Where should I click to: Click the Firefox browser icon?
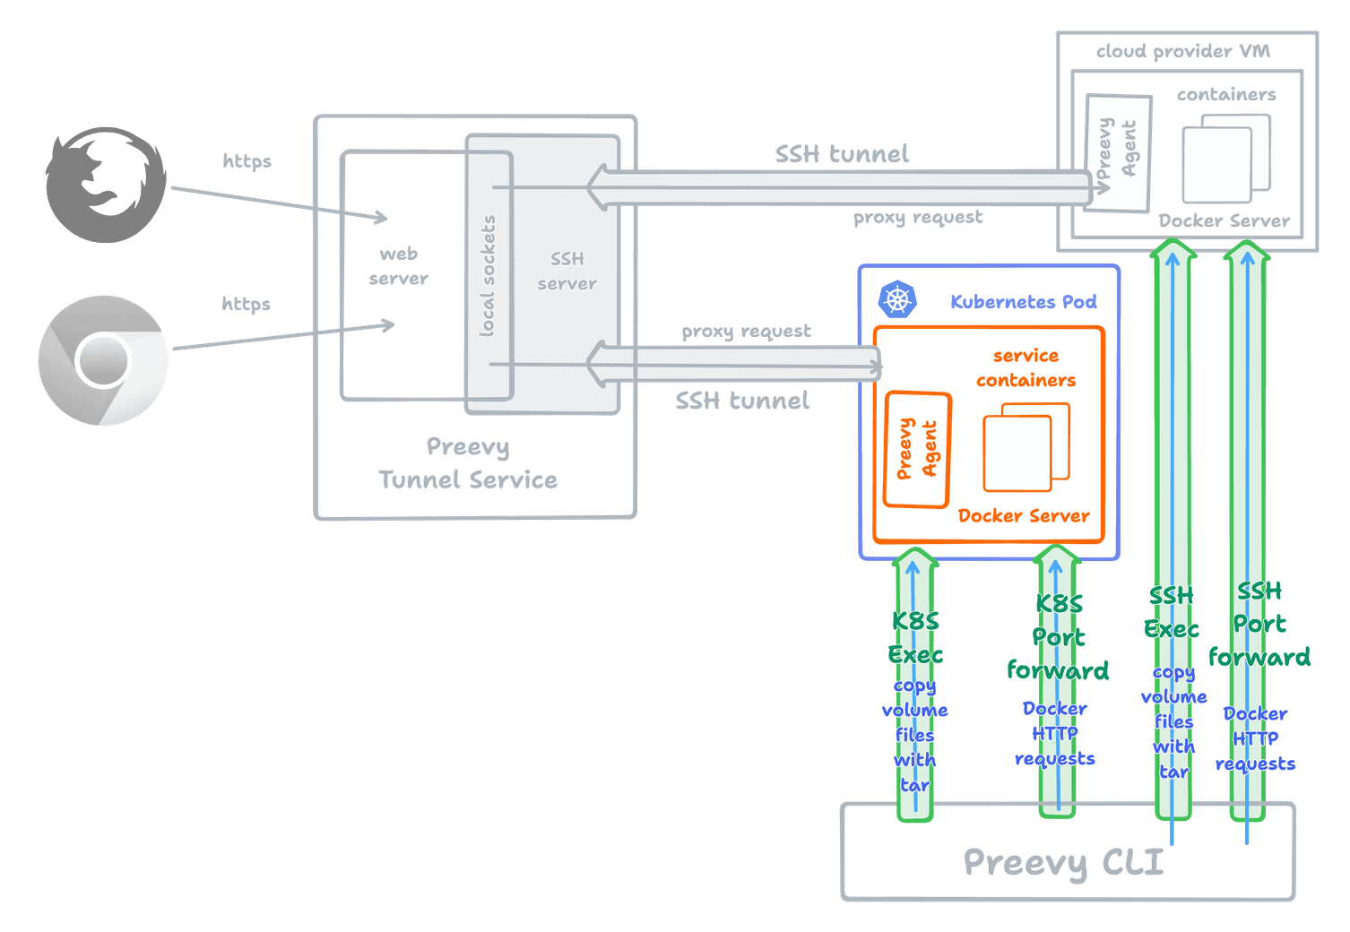[x=106, y=184]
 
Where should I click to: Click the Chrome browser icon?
[x=103, y=360]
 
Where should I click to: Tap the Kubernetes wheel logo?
[x=896, y=299]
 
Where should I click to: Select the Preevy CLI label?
[x=1063, y=862]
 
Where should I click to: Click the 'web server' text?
[x=398, y=266]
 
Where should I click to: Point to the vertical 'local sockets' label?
[x=488, y=276]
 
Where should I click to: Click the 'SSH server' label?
[x=567, y=271]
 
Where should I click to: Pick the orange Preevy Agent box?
[x=917, y=449]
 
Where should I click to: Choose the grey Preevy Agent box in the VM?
[x=1117, y=152]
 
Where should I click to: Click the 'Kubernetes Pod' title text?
[x=1023, y=302]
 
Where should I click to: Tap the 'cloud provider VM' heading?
[x=1182, y=52]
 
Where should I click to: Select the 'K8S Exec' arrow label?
[x=915, y=637]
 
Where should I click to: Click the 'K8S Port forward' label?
[x=1059, y=637]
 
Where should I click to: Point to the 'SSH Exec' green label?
[x=1172, y=612]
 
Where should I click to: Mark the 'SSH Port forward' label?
[x=1259, y=625]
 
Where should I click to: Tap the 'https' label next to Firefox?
[x=247, y=161]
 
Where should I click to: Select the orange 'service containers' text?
[x=1025, y=367]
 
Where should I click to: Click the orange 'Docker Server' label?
[x=1023, y=515]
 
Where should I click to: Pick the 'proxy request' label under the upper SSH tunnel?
[x=917, y=217]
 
